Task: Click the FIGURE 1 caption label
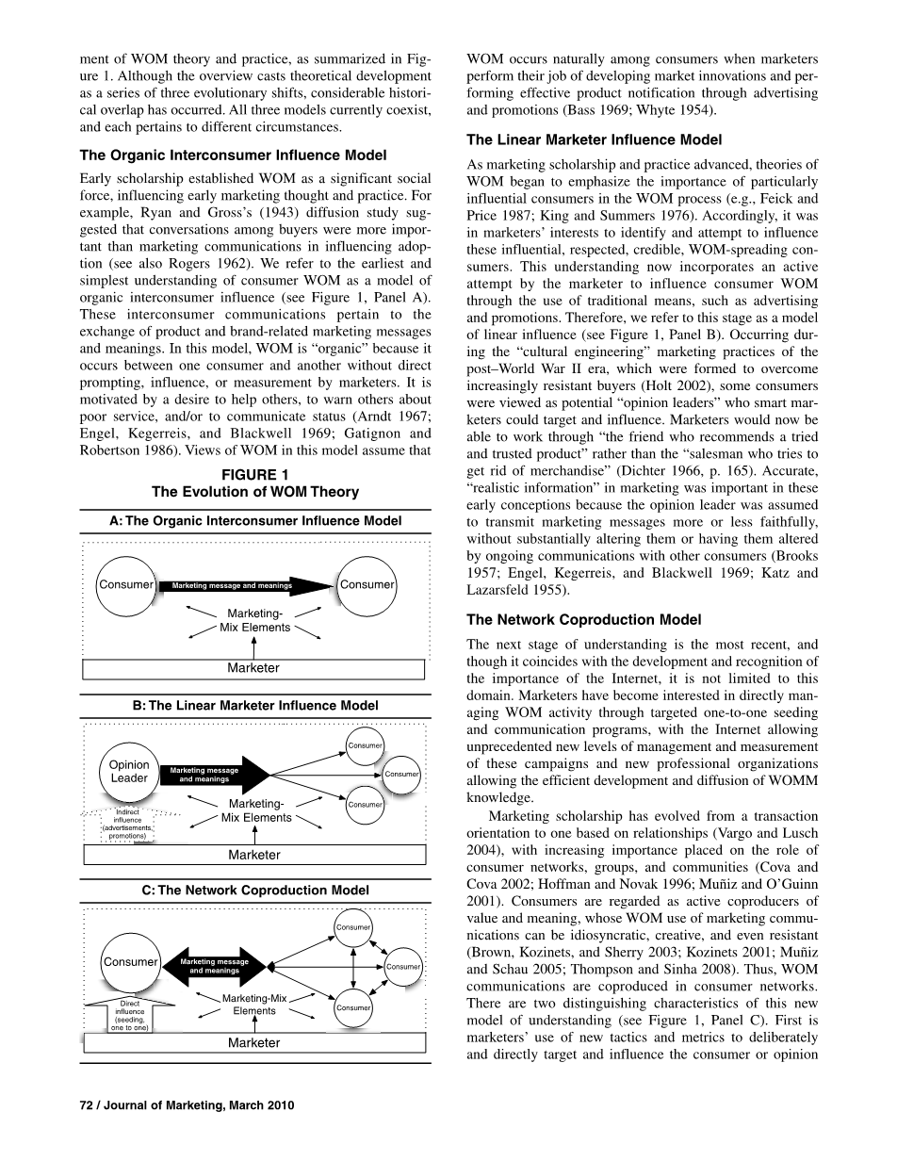pyautogui.click(x=254, y=474)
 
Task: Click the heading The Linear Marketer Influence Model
pyautogui.click(x=595, y=139)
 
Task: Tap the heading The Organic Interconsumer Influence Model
pyautogui.click(x=233, y=155)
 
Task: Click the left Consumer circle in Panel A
pyautogui.click(x=125, y=585)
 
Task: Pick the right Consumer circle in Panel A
pyautogui.click(x=367, y=585)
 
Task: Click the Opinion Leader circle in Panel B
pyautogui.click(x=129, y=772)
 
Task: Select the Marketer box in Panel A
pyautogui.click(x=253, y=668)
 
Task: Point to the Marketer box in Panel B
pyautogui.click(x=253, y=855)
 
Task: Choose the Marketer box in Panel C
pyautogui.click(x=253, y=1043)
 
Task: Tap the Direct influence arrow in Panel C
pyautogui.click(x=129, y=1014)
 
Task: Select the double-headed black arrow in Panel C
pyautogui.click(x=217, y=966)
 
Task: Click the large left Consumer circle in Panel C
pyautogui.click(x=130, y=962)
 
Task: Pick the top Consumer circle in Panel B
pyautogui.click(x=365, y=745)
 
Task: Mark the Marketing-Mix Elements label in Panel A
pyautogui.click(x=255, y=621)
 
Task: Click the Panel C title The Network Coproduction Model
pyautogui.click(x=254, y=890)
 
